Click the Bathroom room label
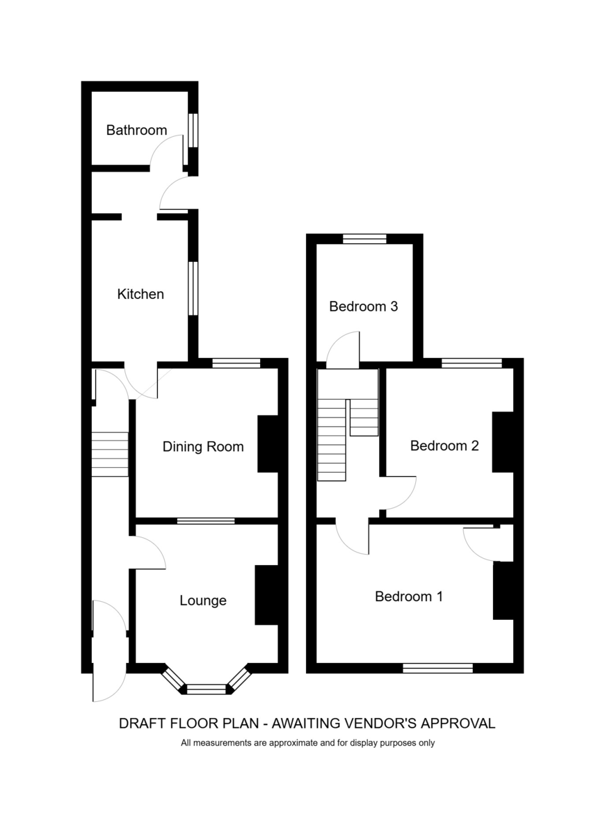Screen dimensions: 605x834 (136, 131)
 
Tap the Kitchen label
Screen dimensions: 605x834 (140, 294)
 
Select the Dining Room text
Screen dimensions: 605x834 (203, 446)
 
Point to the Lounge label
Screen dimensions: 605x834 (203, 600)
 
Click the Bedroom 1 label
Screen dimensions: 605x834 (409, 596)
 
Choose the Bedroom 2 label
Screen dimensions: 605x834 (444, 445)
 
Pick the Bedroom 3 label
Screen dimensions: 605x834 (364, 306)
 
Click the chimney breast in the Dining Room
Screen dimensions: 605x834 (268, 444)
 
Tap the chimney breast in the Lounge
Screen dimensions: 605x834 (266, 595)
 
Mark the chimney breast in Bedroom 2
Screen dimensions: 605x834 (503, 442)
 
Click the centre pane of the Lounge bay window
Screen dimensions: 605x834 (206, 689)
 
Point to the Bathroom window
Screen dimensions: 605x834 (193, 131)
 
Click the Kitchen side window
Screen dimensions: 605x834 (193, 288)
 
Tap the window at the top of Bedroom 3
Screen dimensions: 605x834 (364, 238)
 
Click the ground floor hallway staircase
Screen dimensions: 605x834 (111, 455)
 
